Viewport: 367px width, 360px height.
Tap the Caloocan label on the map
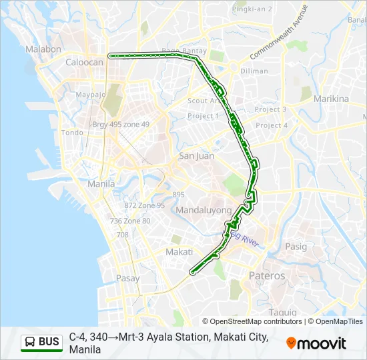tap(84, 62)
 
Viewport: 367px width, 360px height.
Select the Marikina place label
tap(331, 99)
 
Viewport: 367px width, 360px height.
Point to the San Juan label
tap(196, 156)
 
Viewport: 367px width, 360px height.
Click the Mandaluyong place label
tap(204, 210)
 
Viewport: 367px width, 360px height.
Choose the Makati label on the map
tap(179, 252)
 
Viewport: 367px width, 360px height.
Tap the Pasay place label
tap(127, 278)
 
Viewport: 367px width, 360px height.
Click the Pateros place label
tap(266, 275)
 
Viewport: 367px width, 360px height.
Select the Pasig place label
tap(296, 247)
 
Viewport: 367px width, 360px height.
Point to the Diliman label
tap(254, 71)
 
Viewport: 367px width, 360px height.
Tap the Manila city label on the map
tap(101, 183)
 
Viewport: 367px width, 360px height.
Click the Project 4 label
tap(272, 125)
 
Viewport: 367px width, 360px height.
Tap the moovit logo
tap(316, 343)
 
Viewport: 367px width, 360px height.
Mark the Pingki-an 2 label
tap(252, 9)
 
